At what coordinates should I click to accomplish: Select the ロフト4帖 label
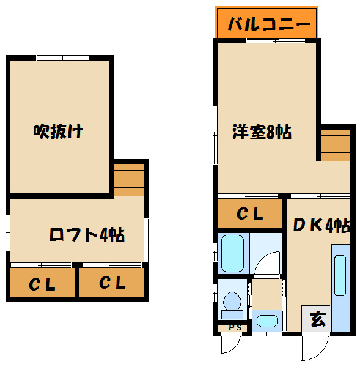(x=87, y=234)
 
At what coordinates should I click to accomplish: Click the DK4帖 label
(x=321, y=226)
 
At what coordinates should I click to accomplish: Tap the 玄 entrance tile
(x=317, y=319)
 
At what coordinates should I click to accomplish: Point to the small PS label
(x=235, y=328)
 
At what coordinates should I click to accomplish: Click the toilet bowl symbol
(x=232, y=304)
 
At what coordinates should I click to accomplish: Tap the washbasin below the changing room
(x=266, y=321)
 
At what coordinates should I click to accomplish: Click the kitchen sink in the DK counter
(x=340, y=267)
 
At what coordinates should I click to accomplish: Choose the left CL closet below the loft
(x=43, y=283)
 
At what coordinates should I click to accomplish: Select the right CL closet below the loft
(x=112, y=283)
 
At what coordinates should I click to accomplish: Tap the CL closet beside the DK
(x=250, y=214)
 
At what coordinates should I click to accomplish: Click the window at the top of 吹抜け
(x=63, y=58)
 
